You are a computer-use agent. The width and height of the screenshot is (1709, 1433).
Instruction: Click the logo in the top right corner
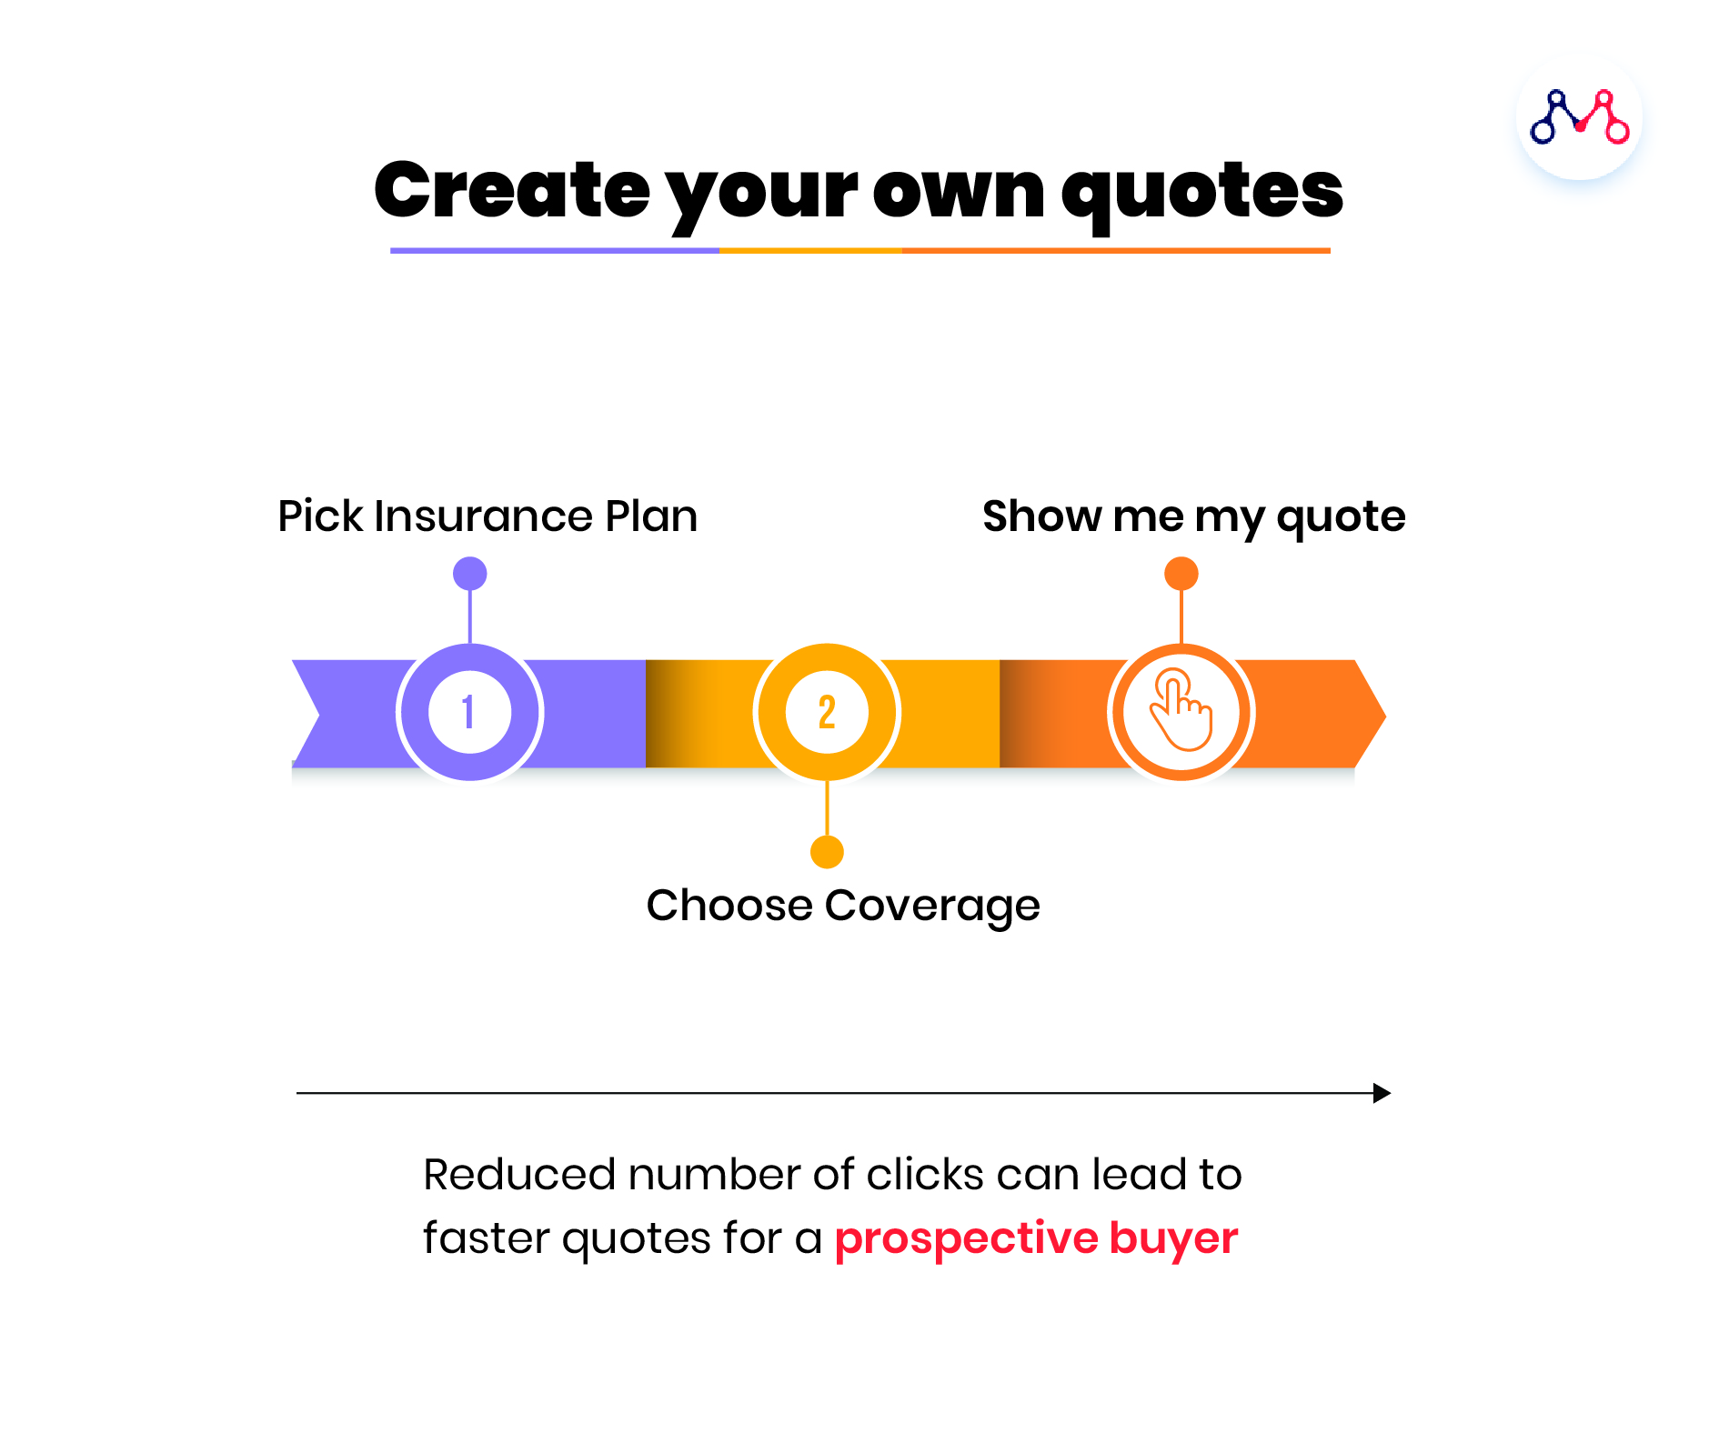1579,117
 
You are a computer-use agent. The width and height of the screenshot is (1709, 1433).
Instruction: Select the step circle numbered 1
469,712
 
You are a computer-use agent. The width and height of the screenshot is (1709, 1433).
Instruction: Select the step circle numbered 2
827,712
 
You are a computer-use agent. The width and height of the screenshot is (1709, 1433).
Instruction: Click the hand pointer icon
1181,710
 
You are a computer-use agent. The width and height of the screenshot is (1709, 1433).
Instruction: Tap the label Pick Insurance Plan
488,516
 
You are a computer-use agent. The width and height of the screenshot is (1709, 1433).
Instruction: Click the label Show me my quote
1194,516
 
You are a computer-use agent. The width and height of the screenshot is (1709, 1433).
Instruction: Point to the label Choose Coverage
843,906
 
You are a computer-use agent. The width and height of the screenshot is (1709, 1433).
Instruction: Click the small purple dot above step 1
469,574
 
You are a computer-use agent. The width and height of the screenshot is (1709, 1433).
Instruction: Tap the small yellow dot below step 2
827,852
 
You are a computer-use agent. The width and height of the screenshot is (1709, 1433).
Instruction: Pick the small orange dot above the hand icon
1181,574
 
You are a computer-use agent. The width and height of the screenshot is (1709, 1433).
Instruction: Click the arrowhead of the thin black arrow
1382,1093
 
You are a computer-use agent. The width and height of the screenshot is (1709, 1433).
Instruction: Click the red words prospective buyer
1037,1238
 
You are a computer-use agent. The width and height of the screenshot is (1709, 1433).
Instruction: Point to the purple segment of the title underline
555,250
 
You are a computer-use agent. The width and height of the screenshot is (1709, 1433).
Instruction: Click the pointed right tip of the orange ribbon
1385,716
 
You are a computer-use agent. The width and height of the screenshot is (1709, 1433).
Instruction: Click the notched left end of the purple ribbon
318,714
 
